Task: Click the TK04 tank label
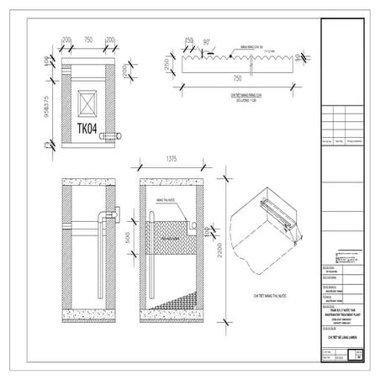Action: coord(88,130)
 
